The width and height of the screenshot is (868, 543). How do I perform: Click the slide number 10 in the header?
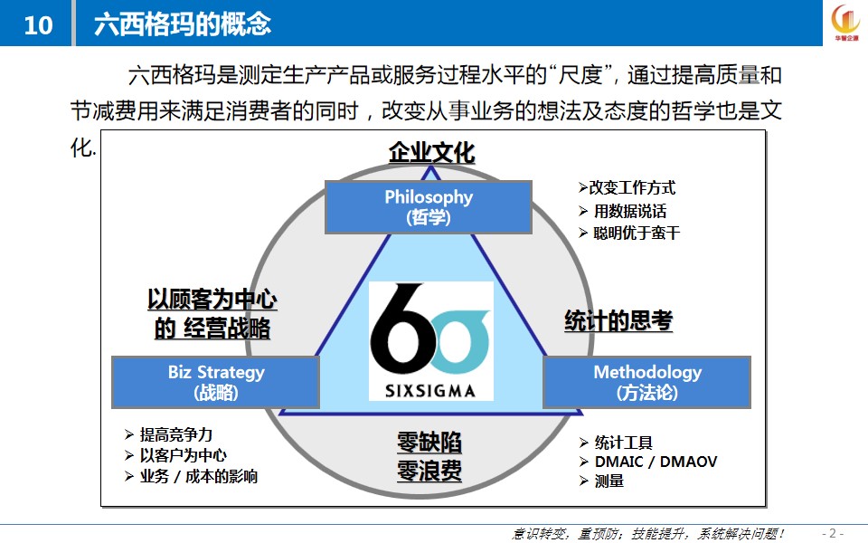38,25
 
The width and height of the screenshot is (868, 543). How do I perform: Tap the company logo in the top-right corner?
846,22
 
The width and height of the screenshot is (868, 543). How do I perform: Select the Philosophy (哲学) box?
429,206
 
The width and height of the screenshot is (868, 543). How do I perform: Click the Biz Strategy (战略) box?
215,382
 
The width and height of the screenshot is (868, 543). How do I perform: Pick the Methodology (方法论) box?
647,382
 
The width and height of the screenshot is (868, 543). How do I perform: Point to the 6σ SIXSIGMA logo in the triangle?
430,341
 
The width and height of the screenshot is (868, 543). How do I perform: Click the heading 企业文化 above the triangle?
432,152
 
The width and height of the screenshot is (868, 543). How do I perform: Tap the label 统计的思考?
618,320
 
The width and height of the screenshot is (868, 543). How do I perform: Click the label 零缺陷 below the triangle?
429,443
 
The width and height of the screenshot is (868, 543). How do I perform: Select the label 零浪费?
429,471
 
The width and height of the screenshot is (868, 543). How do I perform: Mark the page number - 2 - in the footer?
833,534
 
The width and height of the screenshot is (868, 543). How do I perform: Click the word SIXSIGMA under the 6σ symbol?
430,391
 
